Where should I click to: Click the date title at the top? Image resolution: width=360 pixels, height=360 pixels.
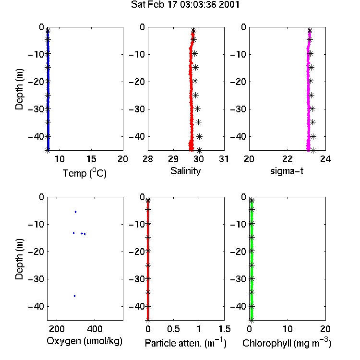point(185,5)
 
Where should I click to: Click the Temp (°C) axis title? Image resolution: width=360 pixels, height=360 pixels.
point(84,173)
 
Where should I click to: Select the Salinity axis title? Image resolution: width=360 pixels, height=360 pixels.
point(185,171)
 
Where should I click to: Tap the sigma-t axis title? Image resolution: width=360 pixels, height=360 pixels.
point(287,171)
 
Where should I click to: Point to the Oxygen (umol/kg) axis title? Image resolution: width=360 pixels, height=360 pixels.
point(84,341)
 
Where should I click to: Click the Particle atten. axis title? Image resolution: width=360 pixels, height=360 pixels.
point(186,343)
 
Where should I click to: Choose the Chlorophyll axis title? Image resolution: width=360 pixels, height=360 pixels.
point(287,343)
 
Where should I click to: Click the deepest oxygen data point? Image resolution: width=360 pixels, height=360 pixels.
point(74,296)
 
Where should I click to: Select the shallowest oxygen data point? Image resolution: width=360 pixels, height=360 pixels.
point(75,212)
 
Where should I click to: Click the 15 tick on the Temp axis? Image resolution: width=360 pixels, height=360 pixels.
point(91,159)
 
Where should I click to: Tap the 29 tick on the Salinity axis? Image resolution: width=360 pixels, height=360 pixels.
point(173,159)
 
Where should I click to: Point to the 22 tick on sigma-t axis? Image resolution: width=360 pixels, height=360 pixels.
point(288,159)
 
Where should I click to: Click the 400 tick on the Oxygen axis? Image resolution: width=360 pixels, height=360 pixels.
point(95,329)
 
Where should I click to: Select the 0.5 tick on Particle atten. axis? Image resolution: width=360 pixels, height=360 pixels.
point(173,329)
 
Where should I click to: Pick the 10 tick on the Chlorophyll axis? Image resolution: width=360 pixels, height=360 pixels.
point(288,329)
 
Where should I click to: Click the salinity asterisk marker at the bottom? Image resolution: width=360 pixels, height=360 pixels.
point(199,150)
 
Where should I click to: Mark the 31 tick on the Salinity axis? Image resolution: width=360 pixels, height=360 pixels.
point(224,159)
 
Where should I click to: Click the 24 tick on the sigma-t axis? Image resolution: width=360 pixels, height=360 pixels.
point(325,159)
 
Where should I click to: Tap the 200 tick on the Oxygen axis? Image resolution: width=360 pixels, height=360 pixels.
point(57,329)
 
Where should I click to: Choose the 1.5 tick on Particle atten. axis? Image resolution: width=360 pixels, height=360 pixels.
point(224,329)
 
